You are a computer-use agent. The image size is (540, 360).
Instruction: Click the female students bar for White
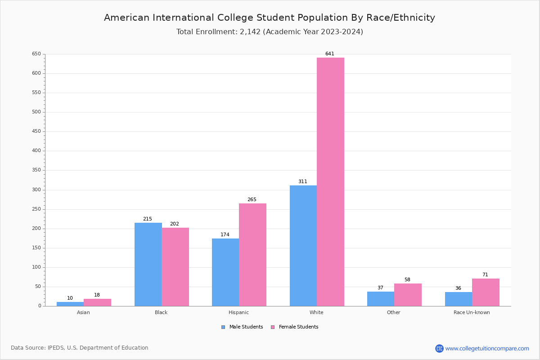pos(330,182)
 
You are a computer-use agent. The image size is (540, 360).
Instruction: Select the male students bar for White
pos(303,246)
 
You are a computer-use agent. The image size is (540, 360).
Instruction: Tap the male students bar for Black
pos(148,264)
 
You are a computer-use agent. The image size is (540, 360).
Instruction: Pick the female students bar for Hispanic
pos(252,255)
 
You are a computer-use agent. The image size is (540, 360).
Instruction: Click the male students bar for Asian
pos(70,304)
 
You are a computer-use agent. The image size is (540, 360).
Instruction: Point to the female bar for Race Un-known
pos(486,292)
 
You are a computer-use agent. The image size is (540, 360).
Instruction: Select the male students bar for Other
pos(381,299)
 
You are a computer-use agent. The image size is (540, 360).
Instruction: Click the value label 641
pos(330,54)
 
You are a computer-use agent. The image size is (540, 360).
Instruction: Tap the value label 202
pos(175,224)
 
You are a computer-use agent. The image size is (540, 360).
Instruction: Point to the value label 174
pos(225,235)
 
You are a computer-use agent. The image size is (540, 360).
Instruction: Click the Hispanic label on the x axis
pos(238,312)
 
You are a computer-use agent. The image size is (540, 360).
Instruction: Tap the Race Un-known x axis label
pos(472,312)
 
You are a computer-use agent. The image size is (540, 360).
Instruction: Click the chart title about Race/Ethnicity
pos(270,18)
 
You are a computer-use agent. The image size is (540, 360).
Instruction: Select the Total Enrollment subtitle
pos(270,32)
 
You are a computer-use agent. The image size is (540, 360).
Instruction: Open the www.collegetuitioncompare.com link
pos(487,348)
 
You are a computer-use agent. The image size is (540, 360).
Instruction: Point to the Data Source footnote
pos(80,348)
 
